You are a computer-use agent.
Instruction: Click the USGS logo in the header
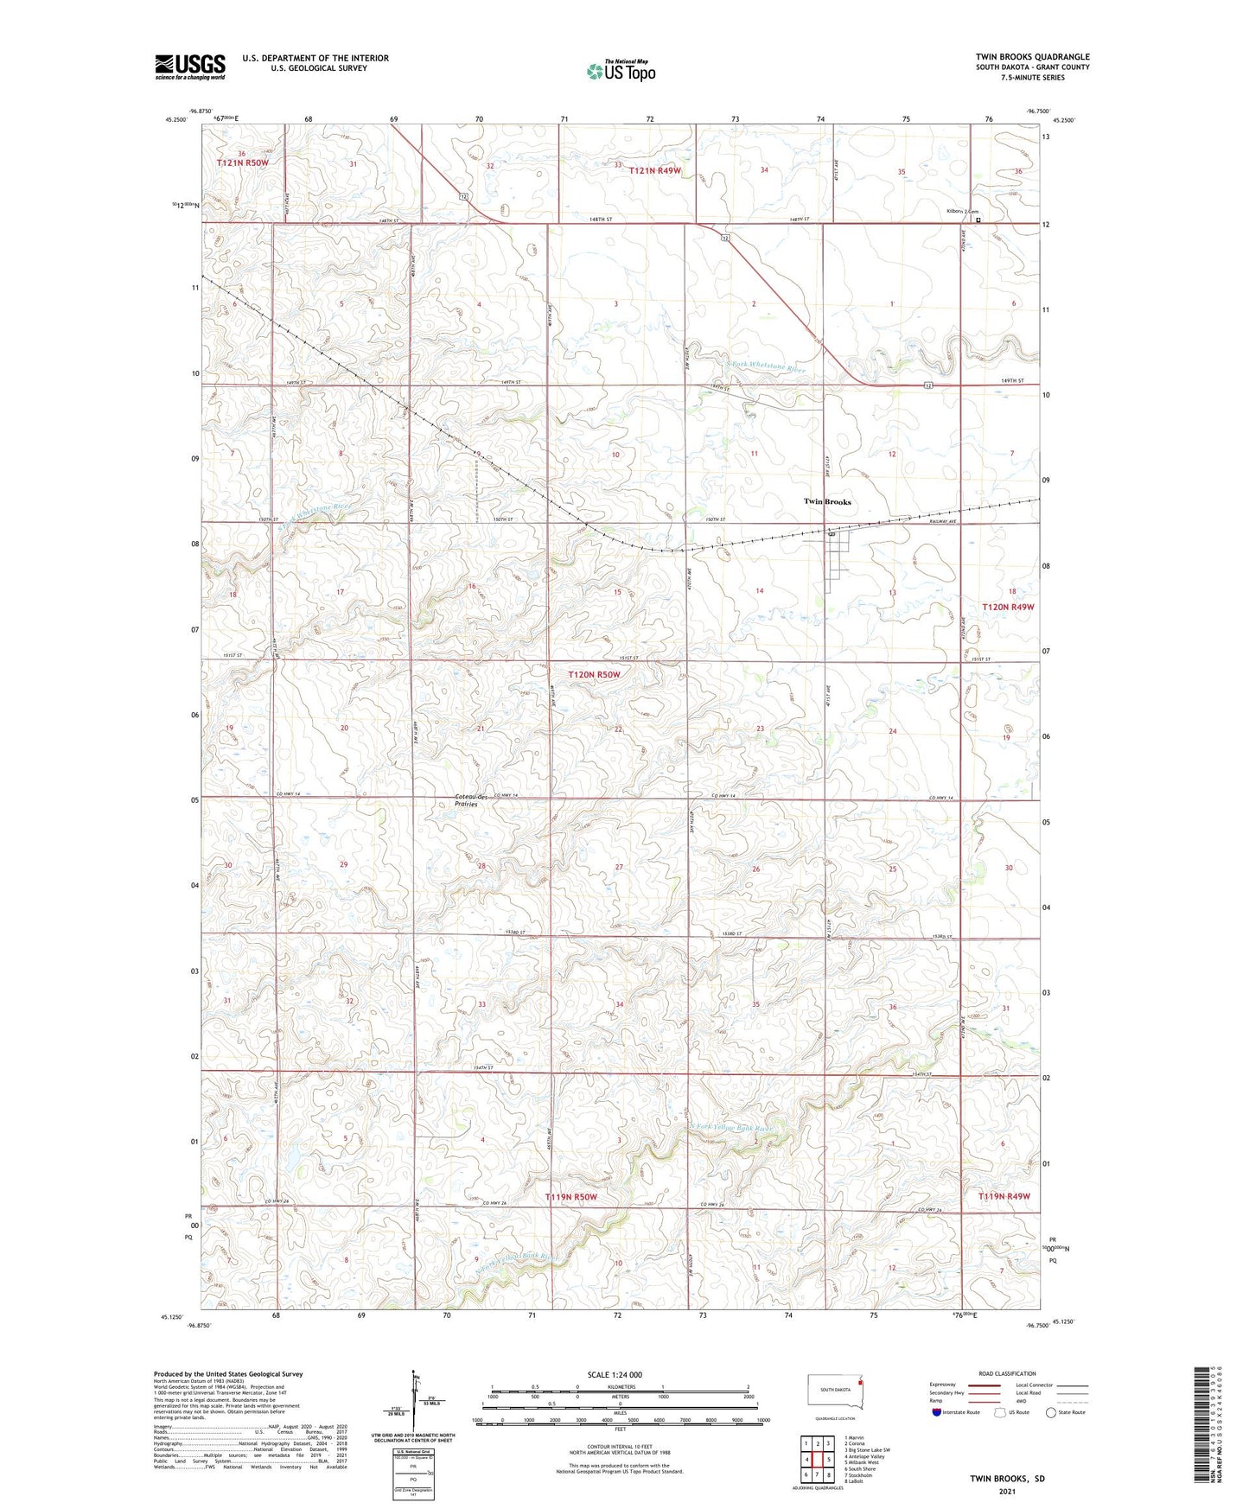[189, 67]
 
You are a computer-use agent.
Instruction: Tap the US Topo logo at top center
[620, 71]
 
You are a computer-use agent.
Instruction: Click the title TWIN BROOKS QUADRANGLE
[1032, 56]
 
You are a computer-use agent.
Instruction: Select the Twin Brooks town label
[827, 501]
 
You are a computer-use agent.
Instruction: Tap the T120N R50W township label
[594, 674]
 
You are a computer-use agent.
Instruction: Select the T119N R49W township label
[1004, 1196]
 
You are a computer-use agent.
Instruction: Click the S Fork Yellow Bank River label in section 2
[730, 1129]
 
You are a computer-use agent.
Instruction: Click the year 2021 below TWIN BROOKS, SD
[1007, 1492]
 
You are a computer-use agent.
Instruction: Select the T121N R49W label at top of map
[654, 171]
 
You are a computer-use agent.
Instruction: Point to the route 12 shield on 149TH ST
[927, 385]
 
